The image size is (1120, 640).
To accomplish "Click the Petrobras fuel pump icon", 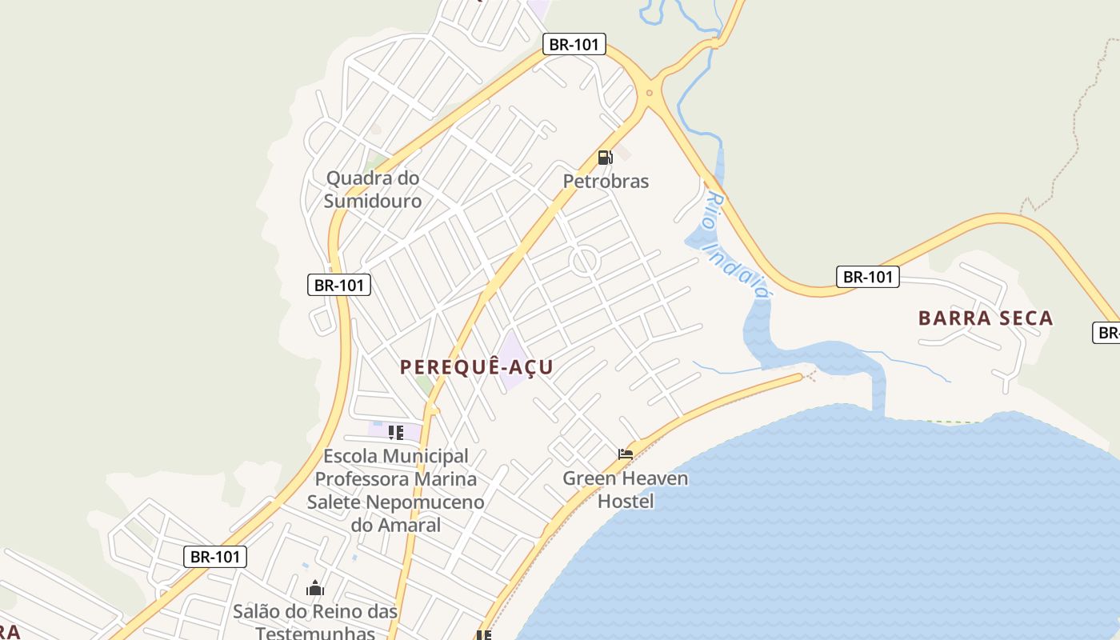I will (605, 158).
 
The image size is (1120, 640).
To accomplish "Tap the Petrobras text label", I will (606, 182).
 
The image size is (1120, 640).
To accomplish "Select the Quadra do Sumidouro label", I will (373, 190).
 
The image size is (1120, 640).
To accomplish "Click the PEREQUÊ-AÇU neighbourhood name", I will (477, 367).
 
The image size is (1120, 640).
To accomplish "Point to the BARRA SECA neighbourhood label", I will (986, 318).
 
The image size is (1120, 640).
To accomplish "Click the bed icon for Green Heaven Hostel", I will (626, 454).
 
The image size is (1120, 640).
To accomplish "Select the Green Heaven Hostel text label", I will (626, 490).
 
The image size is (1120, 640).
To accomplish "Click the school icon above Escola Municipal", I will (395, 433).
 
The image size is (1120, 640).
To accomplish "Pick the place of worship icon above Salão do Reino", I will (315, 589).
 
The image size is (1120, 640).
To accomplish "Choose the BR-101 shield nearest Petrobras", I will (574, 44).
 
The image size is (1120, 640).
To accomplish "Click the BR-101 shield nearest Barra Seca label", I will (868, 277).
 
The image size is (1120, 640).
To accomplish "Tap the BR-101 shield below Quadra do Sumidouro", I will (339, 284).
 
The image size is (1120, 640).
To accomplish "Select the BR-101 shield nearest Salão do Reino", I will (215, 557).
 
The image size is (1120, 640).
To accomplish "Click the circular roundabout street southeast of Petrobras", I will (585, 262).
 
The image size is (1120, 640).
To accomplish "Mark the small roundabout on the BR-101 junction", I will (649, 93).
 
